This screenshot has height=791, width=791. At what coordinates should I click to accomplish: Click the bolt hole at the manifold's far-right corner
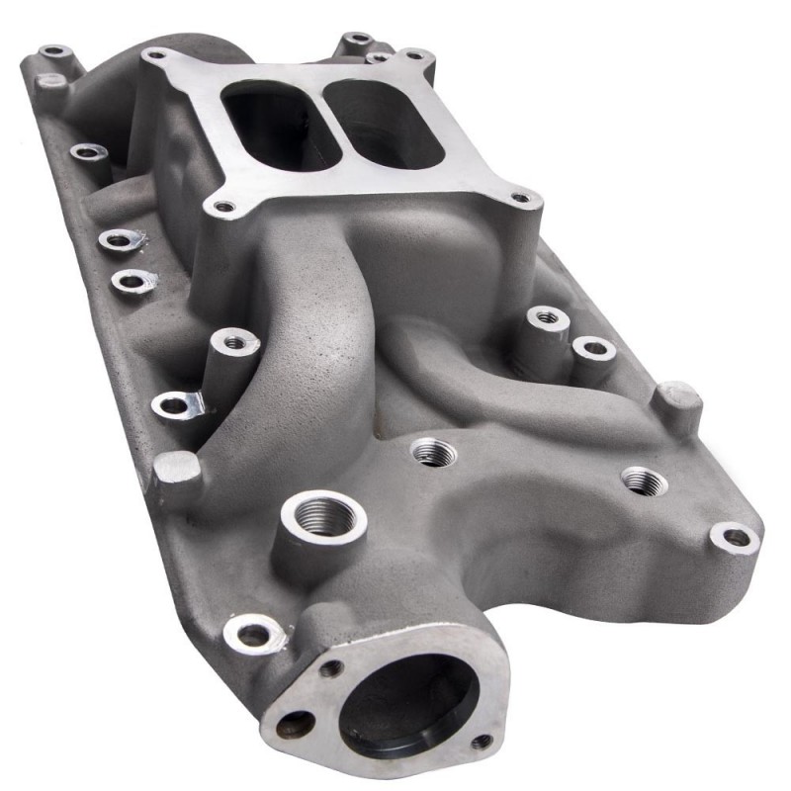[737, 538]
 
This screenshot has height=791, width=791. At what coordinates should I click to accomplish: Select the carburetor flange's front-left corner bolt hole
[223, 208]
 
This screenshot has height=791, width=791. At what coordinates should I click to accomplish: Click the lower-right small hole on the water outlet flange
[482, 742]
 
